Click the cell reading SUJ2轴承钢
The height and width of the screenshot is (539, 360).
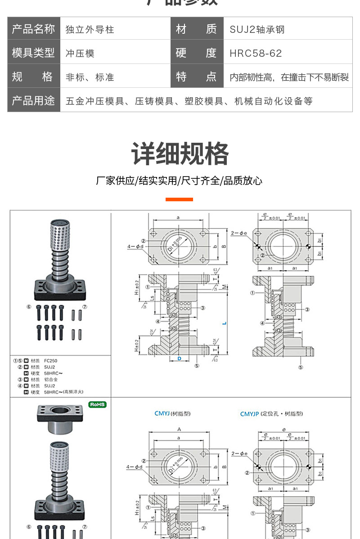257,30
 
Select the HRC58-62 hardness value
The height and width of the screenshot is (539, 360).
256,53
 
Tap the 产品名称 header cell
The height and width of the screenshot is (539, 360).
34,30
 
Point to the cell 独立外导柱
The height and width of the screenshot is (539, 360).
90,30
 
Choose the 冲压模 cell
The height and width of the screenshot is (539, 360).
80,53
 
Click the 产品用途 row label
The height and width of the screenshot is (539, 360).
34,100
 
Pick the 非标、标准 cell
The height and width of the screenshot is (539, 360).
90,77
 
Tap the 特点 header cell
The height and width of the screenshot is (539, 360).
197,77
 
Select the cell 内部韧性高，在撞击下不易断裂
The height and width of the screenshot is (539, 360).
289,77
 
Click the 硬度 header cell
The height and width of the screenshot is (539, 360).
197,53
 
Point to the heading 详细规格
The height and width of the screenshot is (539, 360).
180,154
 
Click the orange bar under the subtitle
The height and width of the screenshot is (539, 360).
179,199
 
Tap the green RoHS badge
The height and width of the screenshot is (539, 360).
97,404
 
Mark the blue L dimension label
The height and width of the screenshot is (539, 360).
224,323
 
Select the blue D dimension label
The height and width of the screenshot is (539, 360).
179,358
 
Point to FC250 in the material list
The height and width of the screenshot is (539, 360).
50,361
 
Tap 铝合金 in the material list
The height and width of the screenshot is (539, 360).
50,380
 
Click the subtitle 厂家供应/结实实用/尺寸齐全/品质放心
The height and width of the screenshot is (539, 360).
179,181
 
